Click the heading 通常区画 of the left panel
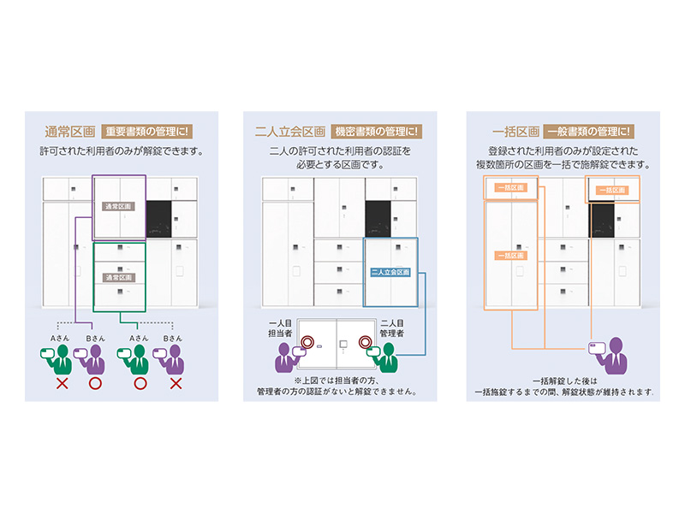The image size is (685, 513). pos(69,132)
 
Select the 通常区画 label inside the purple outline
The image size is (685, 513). pos(119,206)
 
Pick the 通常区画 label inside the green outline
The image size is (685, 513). pos(119,278)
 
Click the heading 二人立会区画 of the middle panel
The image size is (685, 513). pos(291,132)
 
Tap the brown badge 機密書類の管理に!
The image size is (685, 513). pos(376,132)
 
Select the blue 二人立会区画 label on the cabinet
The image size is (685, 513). pos(390,273)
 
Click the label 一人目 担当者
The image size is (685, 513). pos(282,328)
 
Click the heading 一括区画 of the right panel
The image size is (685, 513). pos(516,132)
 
